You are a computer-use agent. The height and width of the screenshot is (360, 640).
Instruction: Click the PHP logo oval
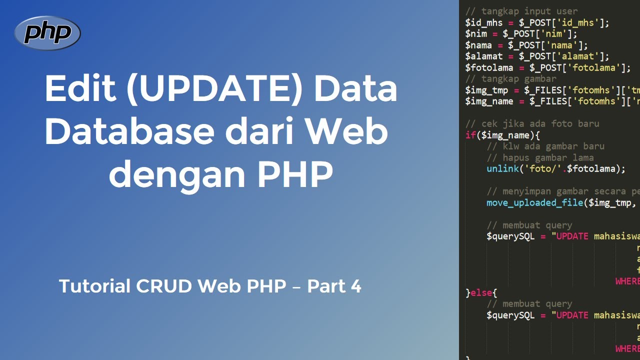click(x=47, y=33)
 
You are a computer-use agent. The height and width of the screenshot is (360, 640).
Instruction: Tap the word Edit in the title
click(x=79, y=89)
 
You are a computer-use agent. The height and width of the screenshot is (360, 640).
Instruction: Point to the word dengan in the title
click(x=170, y=174)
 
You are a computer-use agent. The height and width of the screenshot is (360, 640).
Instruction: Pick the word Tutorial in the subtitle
click(x=92, y=286)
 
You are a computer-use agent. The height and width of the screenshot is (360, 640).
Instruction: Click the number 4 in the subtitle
click(x=355, y=286)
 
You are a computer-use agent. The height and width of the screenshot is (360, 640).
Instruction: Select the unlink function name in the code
click(x=502, y=168)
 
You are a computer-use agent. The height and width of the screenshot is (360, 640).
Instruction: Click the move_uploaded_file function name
click(x=534, y=202)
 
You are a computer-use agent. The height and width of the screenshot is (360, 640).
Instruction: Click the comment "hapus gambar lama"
click(x=540, y=157)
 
